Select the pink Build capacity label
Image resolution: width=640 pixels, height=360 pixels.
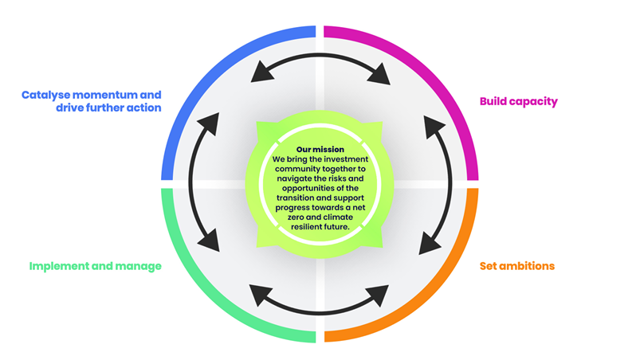pyautogui.click(x=518, y=101)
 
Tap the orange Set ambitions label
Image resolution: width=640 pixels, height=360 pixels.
pyautogui.click(x=517, y=266)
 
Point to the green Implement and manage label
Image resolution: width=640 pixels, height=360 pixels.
pyautogui.click(x=95, y=266)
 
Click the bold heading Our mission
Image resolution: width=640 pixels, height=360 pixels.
pyautogui.click(x=320, y=149)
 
